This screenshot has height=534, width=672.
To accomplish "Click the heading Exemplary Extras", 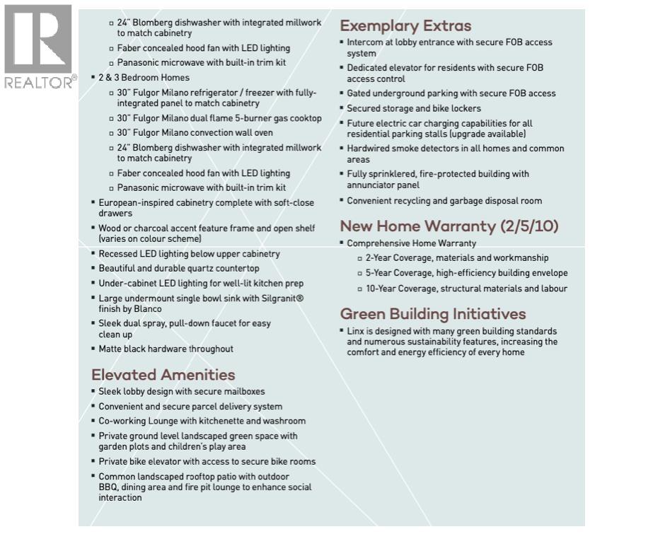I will pos(405,26).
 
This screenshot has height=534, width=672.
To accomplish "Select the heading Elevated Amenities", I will pos(163,374).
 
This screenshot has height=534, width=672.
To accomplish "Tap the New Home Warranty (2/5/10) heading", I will pos(449,226).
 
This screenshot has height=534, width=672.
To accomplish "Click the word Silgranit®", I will pos(280,298).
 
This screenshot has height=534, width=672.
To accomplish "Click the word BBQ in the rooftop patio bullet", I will pos(108,487).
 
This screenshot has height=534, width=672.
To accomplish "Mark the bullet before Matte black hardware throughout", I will pos(93,349).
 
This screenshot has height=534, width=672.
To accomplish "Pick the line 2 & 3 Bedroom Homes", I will pos(144,77).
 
